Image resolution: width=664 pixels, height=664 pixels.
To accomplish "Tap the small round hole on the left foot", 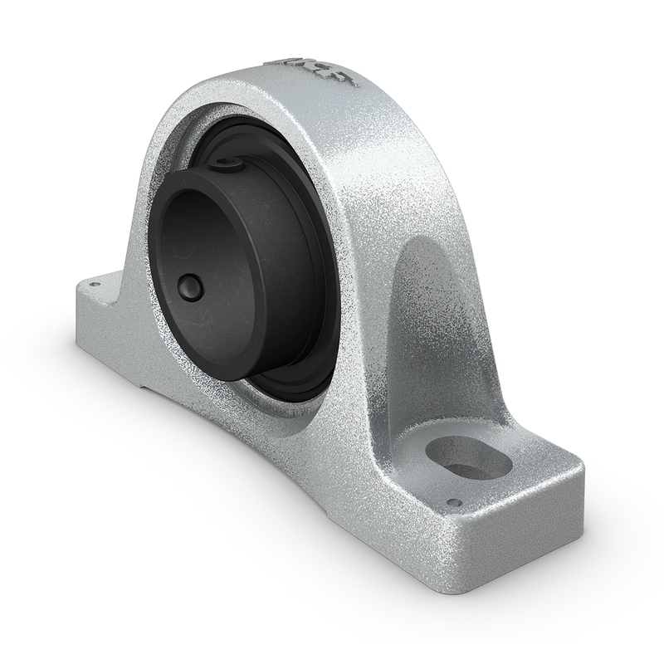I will tap(94, 284).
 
